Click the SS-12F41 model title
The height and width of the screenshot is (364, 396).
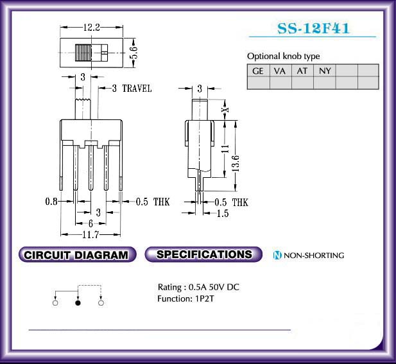pos(313,28)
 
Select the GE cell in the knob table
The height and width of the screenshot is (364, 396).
pos(259,71)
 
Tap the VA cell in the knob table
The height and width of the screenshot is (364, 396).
pos(280,71)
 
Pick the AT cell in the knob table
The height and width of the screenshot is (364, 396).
pos(302,71)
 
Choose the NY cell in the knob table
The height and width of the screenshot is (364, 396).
pos(325,71)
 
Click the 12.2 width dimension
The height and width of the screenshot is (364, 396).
pos(92,27)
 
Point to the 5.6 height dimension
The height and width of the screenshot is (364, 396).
pos(133,53)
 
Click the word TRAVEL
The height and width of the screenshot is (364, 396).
pos(137,89)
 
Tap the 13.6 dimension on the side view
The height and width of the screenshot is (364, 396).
pos(236,163)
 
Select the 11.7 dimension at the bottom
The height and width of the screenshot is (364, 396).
pos(90,235)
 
